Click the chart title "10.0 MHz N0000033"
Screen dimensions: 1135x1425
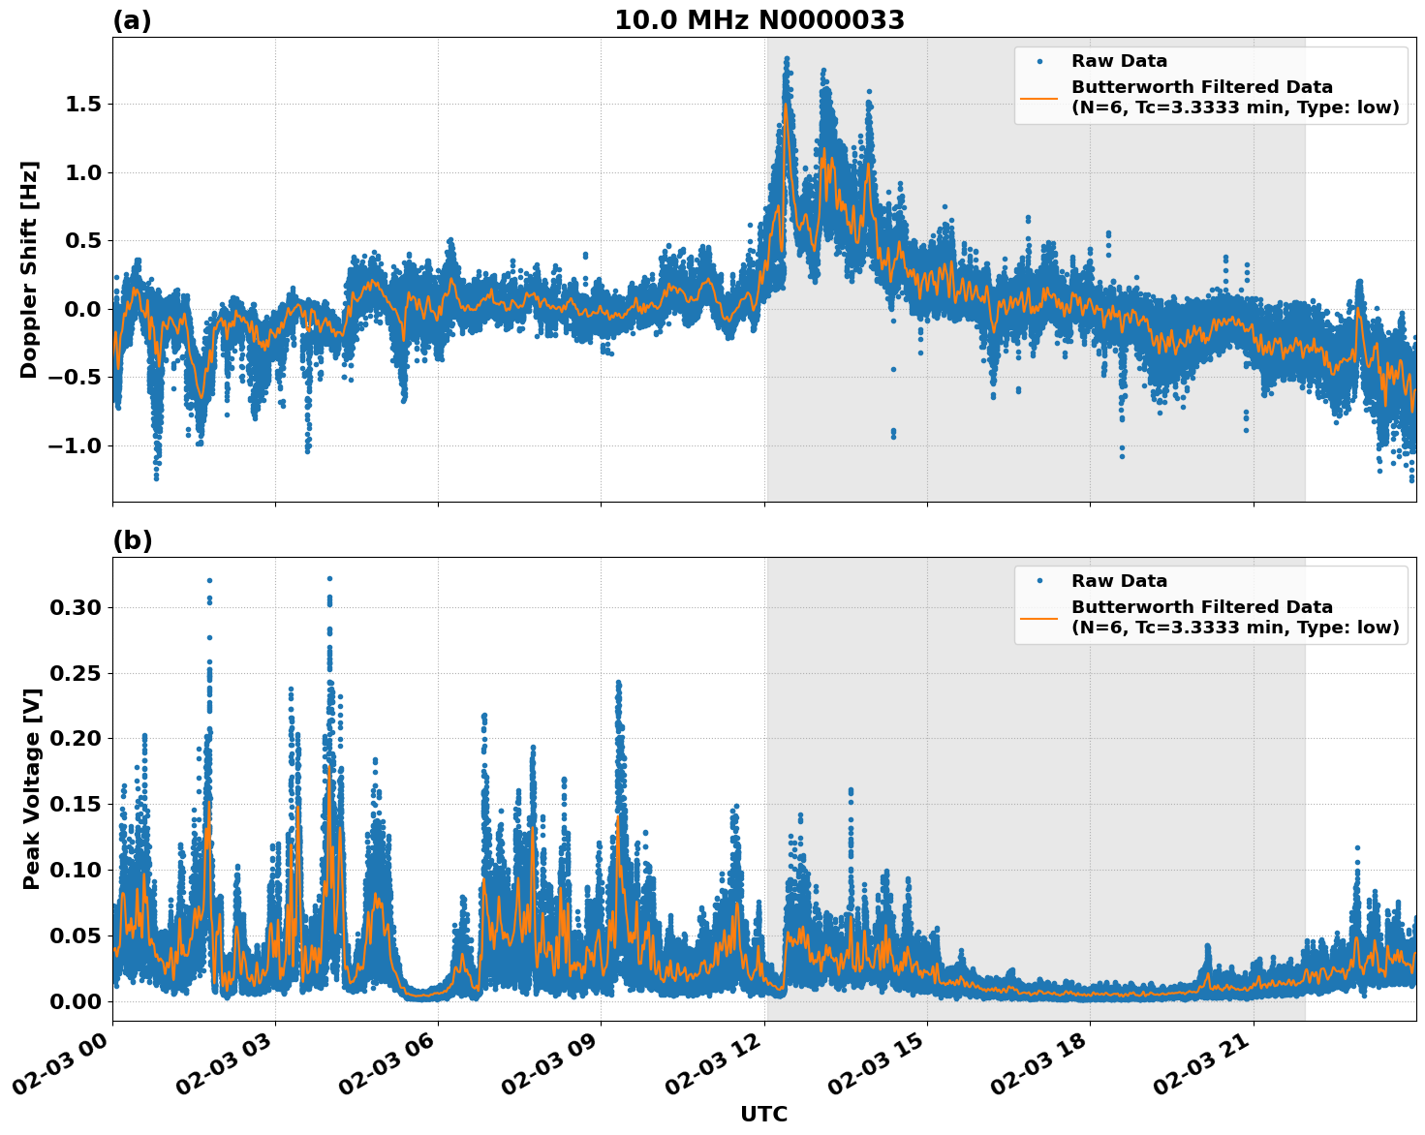759,20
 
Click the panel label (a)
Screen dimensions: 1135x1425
132,20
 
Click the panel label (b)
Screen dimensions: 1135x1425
132,540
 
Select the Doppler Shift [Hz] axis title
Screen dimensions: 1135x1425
30,269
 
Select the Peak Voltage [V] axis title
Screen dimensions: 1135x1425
32,788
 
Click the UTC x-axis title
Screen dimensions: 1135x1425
763,1114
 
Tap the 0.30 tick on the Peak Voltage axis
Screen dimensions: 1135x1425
75,607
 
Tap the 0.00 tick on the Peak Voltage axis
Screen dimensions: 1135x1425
75,1000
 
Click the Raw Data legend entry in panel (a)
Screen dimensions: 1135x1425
1119,61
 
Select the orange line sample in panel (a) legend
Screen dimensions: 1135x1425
1038,97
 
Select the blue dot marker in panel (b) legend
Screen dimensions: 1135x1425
1039,581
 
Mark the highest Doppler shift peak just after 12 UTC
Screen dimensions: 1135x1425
787,60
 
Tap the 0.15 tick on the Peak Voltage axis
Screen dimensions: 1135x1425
75,804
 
